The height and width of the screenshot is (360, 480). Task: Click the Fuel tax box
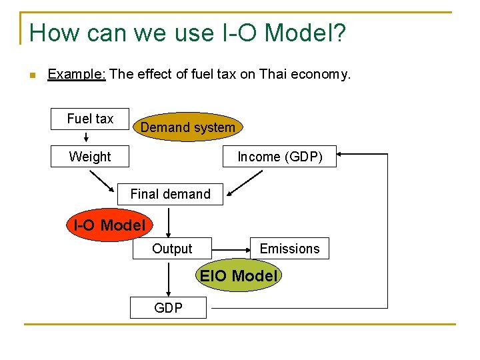(x=90, y=119)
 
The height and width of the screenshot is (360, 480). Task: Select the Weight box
(x=90, y=157)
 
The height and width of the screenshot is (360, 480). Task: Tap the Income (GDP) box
(x=279, y=157)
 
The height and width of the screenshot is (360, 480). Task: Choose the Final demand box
(x=170, y=194)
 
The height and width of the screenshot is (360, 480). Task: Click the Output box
(x=171, y=249)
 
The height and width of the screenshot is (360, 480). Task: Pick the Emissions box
(x=289, y=249)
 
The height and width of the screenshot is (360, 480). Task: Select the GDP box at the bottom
(x=168, y=307)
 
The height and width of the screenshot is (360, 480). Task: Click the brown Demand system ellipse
(x=187, y=127)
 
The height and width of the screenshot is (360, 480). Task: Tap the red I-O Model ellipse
(x=109, y=225)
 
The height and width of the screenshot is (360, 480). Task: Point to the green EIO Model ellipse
(x=239, y=275)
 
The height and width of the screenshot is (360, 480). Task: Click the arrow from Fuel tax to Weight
(x=87, y=138)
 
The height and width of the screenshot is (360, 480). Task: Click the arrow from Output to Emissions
(x=231, y=248)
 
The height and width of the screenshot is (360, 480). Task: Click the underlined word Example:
(x=77, y=74)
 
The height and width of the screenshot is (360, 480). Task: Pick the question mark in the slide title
(x=339, y=33)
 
